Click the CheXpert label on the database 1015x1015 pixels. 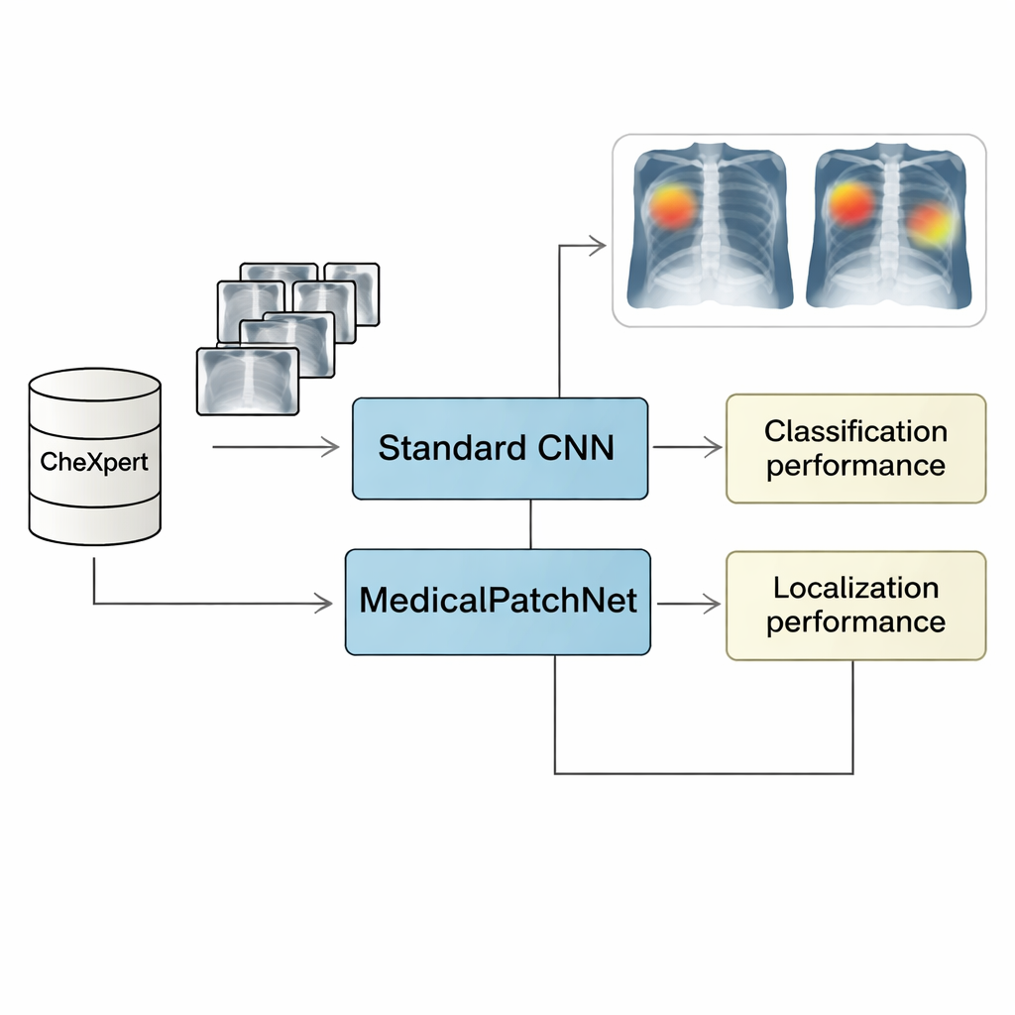(94, 461)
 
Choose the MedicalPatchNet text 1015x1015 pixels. (498, 601)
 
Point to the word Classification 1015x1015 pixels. (855, 432)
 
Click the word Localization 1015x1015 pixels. (855, 588)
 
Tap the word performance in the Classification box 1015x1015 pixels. (855, 466)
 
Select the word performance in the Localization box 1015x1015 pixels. (855, 622)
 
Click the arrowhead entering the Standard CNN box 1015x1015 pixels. (330, 448)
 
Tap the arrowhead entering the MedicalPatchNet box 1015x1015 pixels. (323, 602)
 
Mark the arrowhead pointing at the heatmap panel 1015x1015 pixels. (597, 246)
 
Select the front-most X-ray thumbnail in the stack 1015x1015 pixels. (248, 381)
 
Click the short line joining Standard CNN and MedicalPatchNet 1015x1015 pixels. (531, 523)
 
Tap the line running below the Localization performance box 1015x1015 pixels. (704, 773)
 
